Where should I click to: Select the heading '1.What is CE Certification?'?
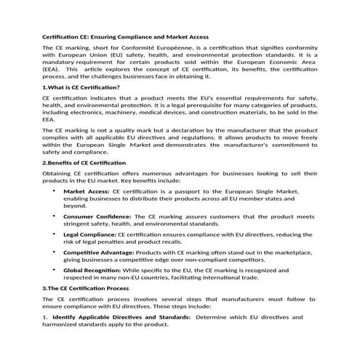click(x=81, y=87)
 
